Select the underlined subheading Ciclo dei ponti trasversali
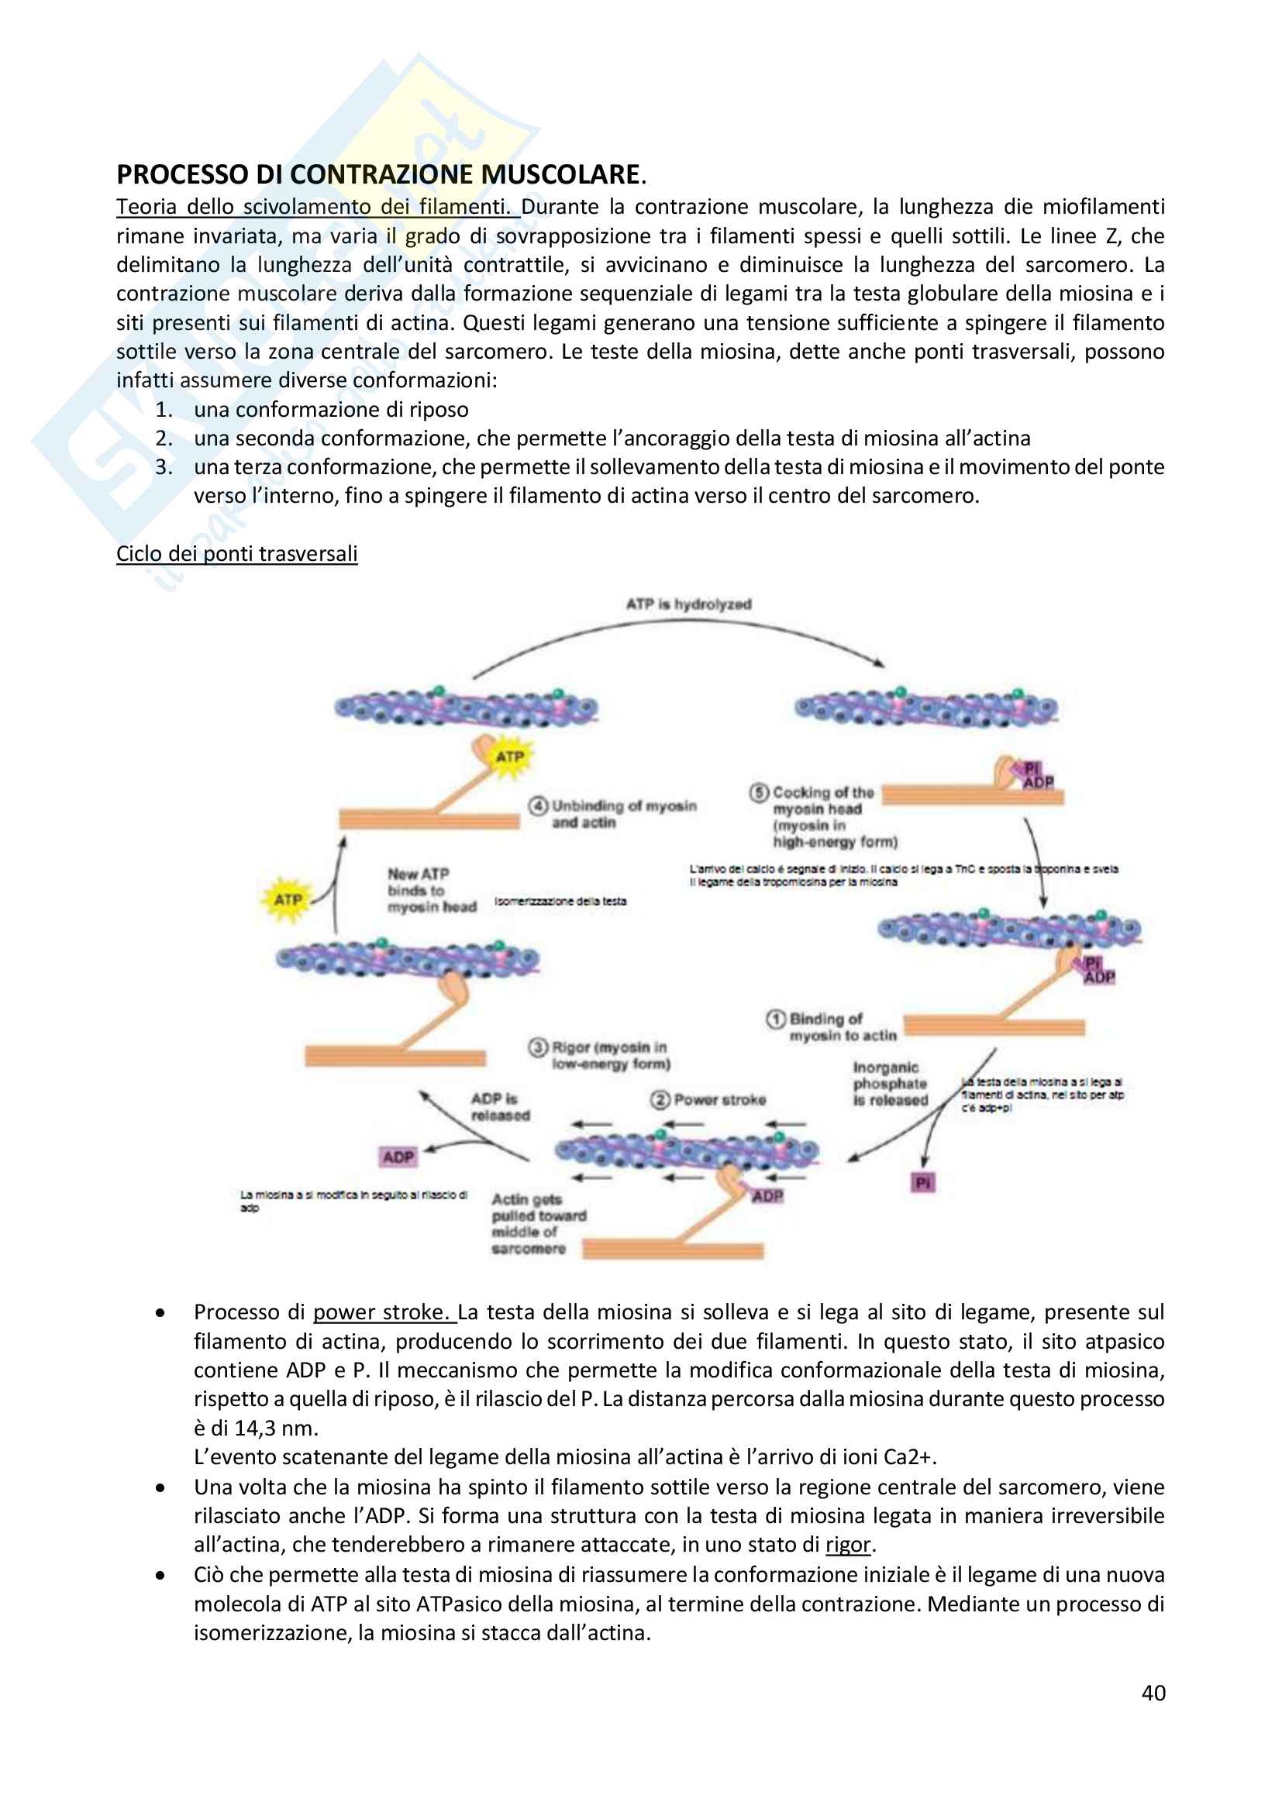click(237, 553)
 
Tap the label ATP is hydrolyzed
click(688, 603)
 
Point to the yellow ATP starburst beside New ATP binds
click(288, 899)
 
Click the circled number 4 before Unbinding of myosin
click(539, 806)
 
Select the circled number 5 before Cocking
click(759, 793)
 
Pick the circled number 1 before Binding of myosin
click(776, 1019)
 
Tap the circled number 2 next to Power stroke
click(660, 1099)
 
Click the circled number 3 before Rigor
click(539, 1047)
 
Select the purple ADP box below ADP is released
click(398, 1157)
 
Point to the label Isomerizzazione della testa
click(560, 901)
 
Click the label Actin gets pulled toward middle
click(539, 1223)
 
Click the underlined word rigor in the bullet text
click(848, 1544)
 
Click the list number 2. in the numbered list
click(164, 438)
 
